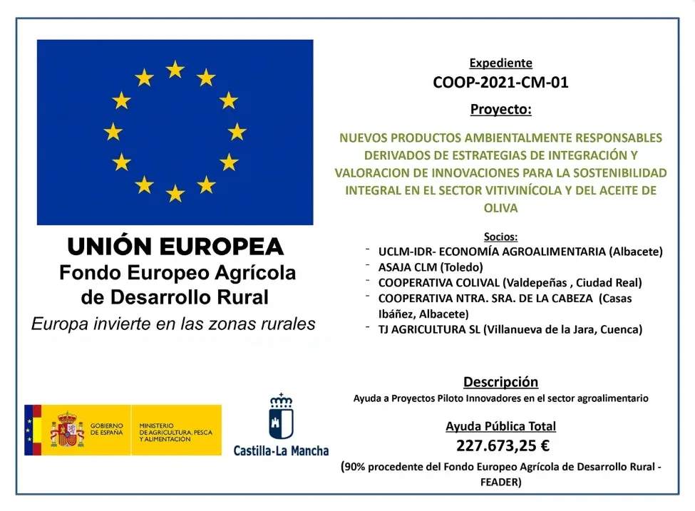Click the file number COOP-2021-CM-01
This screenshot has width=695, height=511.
pyautogui.click(x=500, y=83)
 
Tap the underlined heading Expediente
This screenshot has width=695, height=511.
pyautogui.click(x=500, y=63)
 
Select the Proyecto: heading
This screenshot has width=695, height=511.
pyautogui.click(x=500, y=110)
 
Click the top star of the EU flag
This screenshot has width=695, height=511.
pyautogui.click(x=175, y=69)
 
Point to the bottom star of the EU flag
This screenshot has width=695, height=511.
pyautogui.click(x=175, y=193)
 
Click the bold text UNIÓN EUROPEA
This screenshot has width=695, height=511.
pyautogui.click(x=175, y=247)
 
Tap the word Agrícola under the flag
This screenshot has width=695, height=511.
pyautogui.click(x=249, y=273)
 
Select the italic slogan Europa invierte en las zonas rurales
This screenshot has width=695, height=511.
pyautogui.click(x=173, y=324)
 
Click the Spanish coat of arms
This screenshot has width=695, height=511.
pyautogui.click(x=66, y=430)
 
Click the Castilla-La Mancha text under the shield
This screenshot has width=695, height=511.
pyautogui.click(x=281, y=450)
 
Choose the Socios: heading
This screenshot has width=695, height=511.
pyautogui.click(x=500, y=237)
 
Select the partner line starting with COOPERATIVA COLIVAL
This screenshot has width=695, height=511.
pyautogui.click(x=510, y=282)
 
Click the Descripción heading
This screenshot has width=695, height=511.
pyautogui.click(x=500, y=382)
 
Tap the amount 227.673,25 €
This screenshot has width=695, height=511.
pyautogui.click(x=500, y=446)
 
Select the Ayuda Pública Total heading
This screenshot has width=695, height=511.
pyautogui.click(x=500, y=426)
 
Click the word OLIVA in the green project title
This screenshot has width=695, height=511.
pyautogui.click(x=500, y=208)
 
